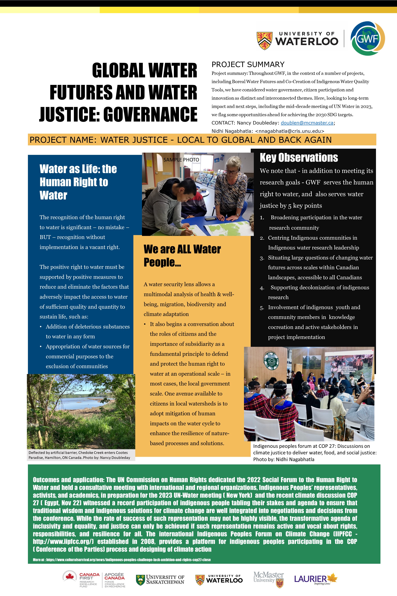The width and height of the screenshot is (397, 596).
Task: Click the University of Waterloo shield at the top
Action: pyautogui.click(x=265, y=40)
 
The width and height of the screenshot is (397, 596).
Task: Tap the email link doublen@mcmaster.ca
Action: pyautogui.click(x=307, y=123)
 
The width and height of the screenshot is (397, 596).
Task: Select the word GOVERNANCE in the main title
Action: pyautogui.click(x=150, y=114)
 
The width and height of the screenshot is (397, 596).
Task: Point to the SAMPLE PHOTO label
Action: pyautogui.click(x=181, y=160)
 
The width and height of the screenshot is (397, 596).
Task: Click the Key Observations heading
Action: pyautogui.click(x=299, y=158)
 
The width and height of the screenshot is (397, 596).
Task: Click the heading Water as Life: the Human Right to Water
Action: pyautogui.click(x=78, y=182)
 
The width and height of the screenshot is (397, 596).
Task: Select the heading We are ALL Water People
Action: pyautogui.click(x=182, y=255)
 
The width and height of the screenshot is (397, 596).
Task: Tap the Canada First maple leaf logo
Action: pyautogui.click(x=69, y=577)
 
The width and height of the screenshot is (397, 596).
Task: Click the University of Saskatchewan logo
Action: pyautogui.click(x=160, y=580)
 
